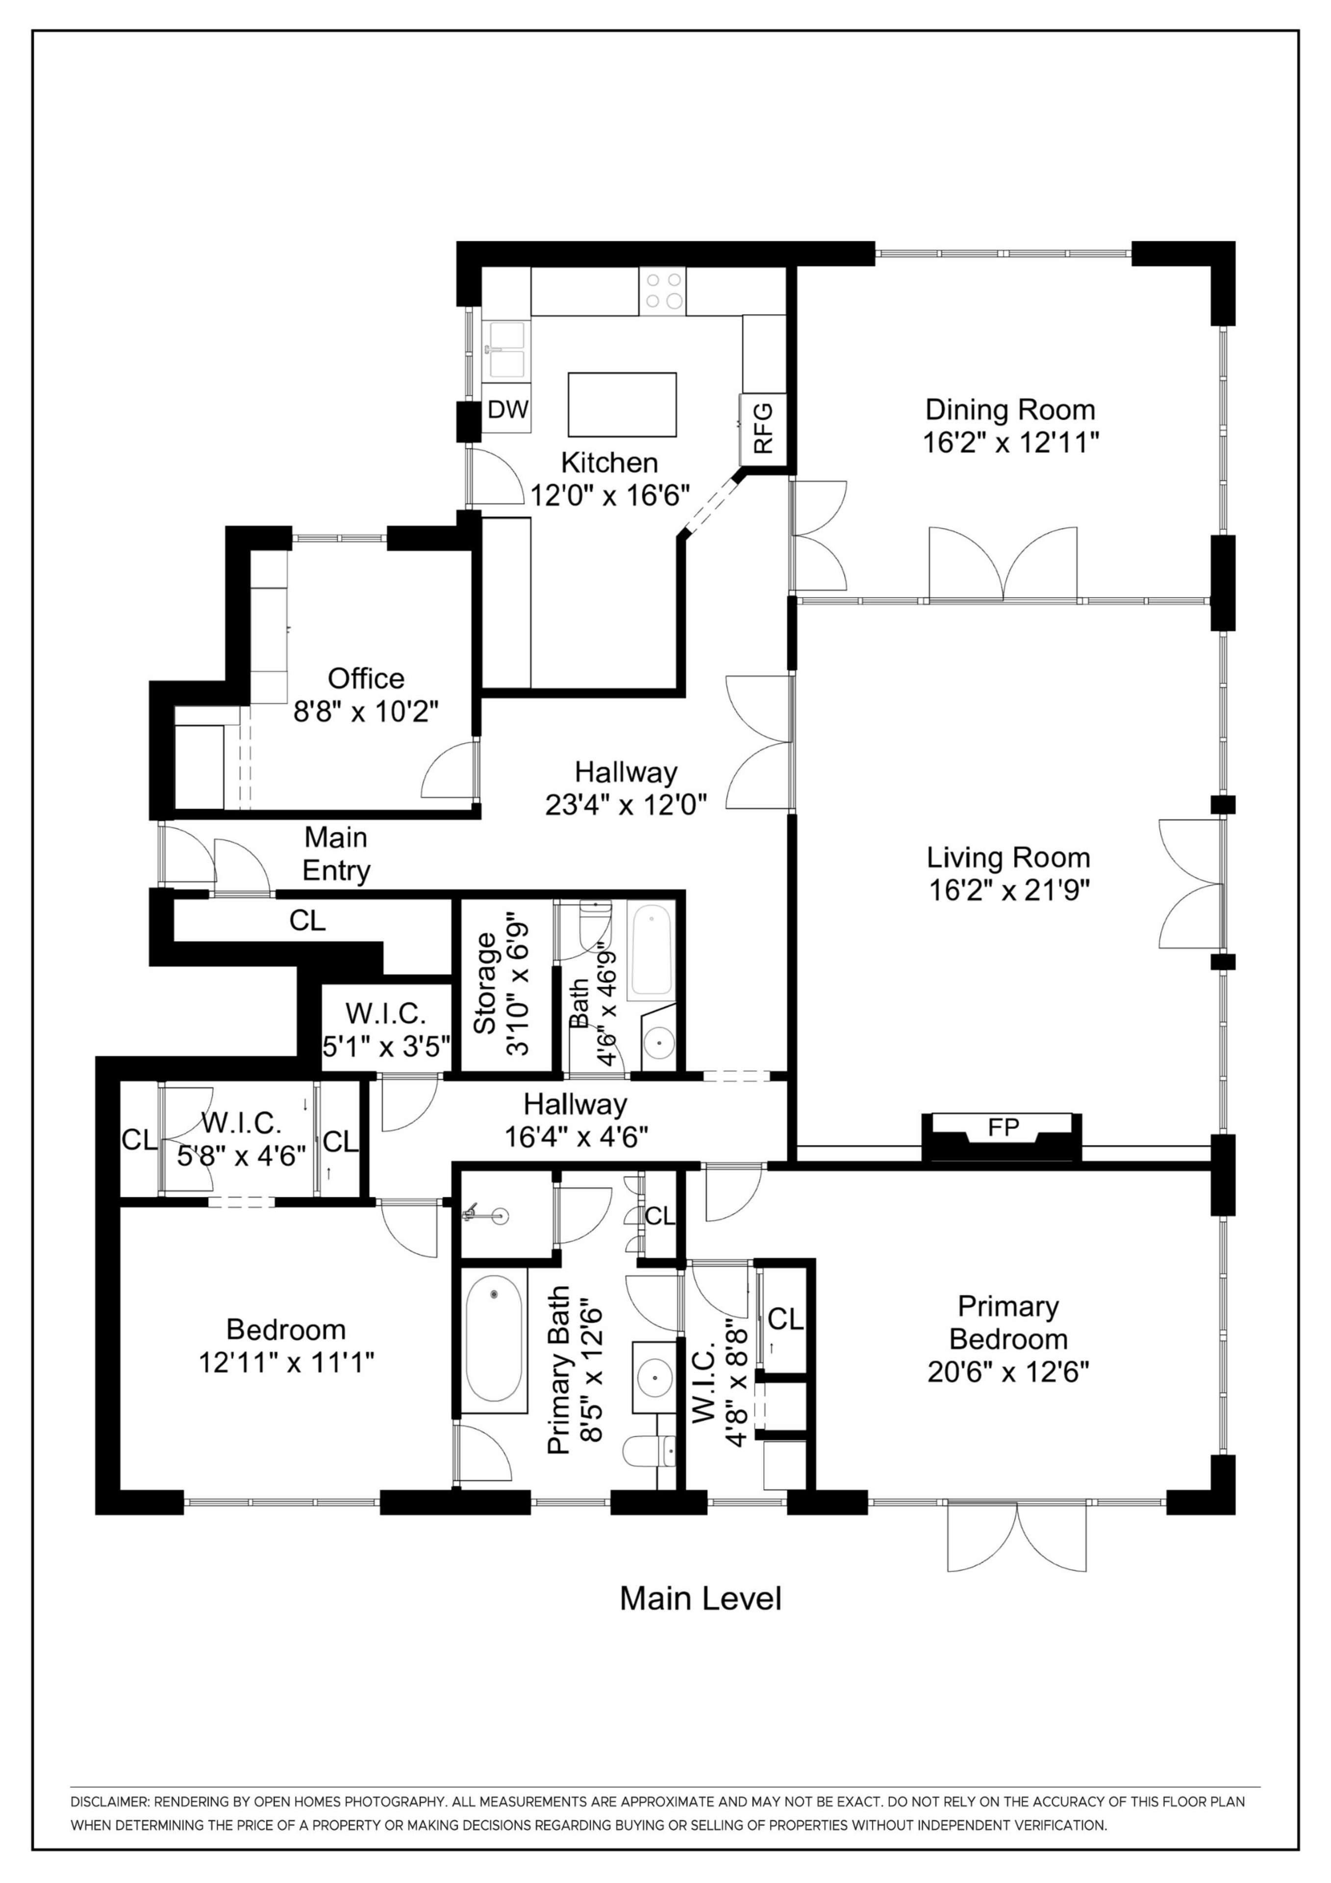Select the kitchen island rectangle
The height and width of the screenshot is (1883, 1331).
(623, 405)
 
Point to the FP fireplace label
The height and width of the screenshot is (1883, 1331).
(1003, 1128)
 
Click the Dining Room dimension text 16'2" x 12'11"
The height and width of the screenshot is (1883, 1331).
(1010, 443)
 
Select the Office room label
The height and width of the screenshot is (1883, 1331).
(366, 678)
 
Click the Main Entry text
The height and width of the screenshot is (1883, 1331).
(336, 854)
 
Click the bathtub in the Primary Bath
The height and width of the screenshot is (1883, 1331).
(494, 1344)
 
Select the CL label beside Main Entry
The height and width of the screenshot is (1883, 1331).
(307, 921)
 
